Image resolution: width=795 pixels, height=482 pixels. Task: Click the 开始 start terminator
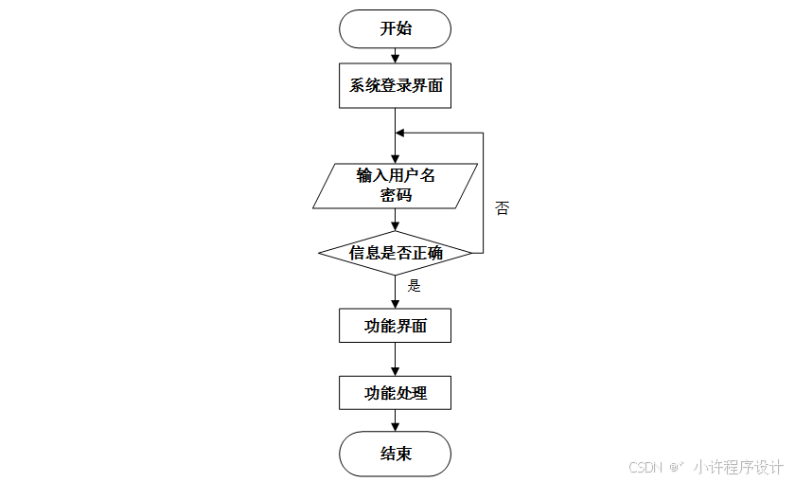[x=396, y=28]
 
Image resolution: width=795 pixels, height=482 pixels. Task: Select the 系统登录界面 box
[x=396, y=86]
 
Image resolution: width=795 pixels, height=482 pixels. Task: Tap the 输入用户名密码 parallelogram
[x=396, y=186]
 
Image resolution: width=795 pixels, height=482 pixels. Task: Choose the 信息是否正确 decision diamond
[x=396, y=253]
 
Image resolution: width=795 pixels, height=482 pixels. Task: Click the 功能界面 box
[x=396, y=326]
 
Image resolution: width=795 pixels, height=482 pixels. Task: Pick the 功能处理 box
[x=396, y=392]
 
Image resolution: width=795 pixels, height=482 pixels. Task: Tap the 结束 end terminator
[x=396, y=454]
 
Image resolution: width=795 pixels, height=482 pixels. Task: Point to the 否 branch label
[x=502, y=208]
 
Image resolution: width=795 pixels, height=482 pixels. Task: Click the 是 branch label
[x=414, y=285]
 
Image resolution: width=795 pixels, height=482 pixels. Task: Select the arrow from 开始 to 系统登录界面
[x=396, y=55]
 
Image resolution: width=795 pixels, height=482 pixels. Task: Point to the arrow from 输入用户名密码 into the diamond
[x=396, y=220]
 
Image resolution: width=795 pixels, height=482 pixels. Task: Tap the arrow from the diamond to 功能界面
[x=396, y=292]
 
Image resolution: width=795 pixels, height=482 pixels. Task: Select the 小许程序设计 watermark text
[x=737, y=467]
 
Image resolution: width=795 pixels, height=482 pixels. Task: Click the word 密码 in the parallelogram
[x=396, y=196]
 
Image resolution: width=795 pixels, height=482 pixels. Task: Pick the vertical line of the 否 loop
[x=484, y=194]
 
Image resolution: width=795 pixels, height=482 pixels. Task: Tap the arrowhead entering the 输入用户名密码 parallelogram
[x=396, y=158]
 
